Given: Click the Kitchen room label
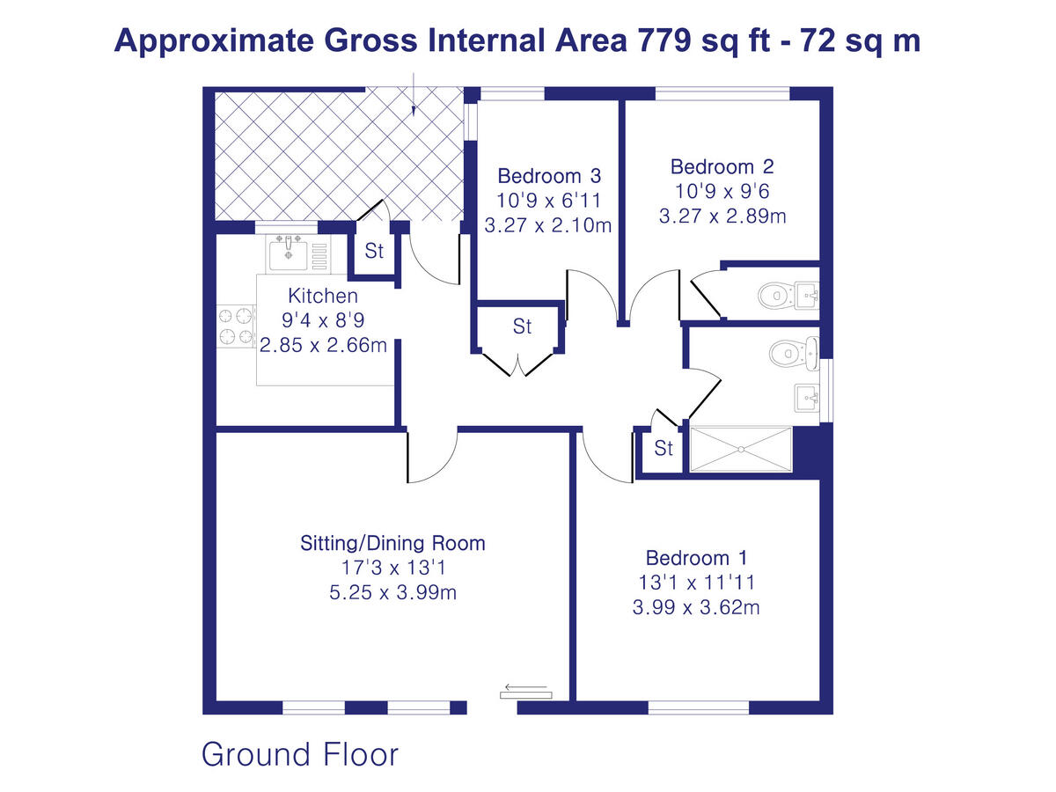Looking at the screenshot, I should [323, 297].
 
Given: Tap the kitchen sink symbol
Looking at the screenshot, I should [289, 253].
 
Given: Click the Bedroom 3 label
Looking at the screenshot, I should [548, 175].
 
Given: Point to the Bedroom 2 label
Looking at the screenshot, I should [722, 166].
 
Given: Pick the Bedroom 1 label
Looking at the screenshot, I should [696, 558].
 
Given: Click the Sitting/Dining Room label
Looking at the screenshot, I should [392, 543].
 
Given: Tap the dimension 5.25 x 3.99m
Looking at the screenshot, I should [392, 592].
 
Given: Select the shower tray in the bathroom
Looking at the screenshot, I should [741, 450].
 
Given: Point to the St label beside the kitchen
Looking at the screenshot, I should [375, 252].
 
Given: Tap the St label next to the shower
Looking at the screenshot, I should [664, 449].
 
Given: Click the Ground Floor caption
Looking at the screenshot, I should [300, 754].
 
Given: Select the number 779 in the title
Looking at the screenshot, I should [659, 41].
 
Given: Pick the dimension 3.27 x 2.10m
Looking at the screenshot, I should [548, 225].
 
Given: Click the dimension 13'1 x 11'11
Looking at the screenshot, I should [696, 583].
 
